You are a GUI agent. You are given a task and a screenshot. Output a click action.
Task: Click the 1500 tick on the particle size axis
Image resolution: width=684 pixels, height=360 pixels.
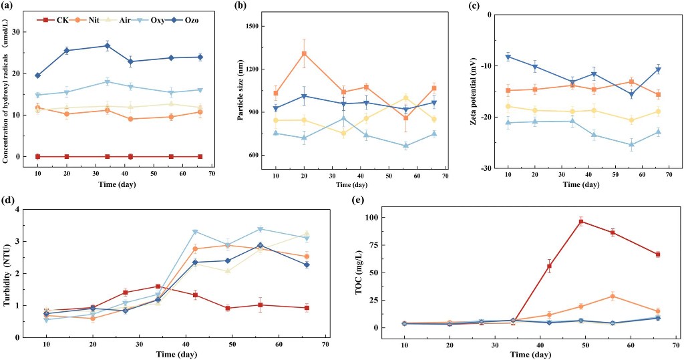251,26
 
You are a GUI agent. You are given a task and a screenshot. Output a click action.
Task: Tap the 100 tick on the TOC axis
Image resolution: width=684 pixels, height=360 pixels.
375,217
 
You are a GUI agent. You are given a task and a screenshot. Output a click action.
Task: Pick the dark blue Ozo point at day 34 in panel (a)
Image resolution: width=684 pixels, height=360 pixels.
107,46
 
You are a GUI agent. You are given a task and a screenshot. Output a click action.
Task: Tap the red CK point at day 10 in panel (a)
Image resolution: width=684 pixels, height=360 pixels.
37,156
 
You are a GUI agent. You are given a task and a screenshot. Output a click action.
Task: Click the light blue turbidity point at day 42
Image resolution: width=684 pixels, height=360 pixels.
195,232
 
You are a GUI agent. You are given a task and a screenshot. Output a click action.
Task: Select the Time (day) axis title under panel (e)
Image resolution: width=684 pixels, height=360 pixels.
528,353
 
